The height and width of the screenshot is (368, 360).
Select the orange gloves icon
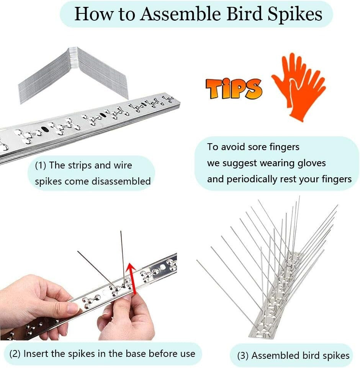point(299,86)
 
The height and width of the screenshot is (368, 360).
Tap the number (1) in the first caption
point(41,166)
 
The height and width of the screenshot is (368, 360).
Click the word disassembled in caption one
point(121,182)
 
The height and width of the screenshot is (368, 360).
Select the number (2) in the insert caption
point(15,354)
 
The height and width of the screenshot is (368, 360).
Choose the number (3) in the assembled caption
point(243,356)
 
